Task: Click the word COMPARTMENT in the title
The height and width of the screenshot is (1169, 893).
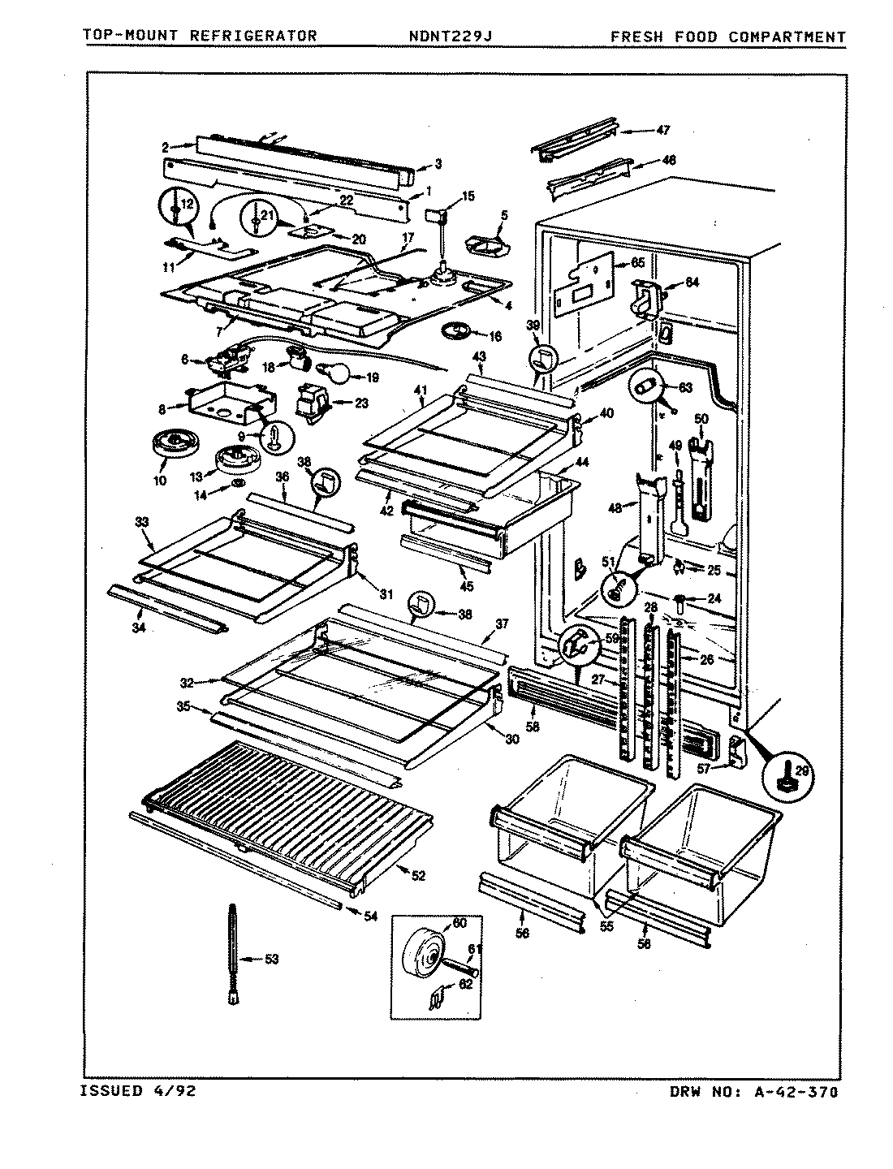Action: (787, 37)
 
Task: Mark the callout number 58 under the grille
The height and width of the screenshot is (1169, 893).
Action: (533, 727)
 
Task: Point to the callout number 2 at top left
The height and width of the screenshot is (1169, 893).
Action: (165, 147)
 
